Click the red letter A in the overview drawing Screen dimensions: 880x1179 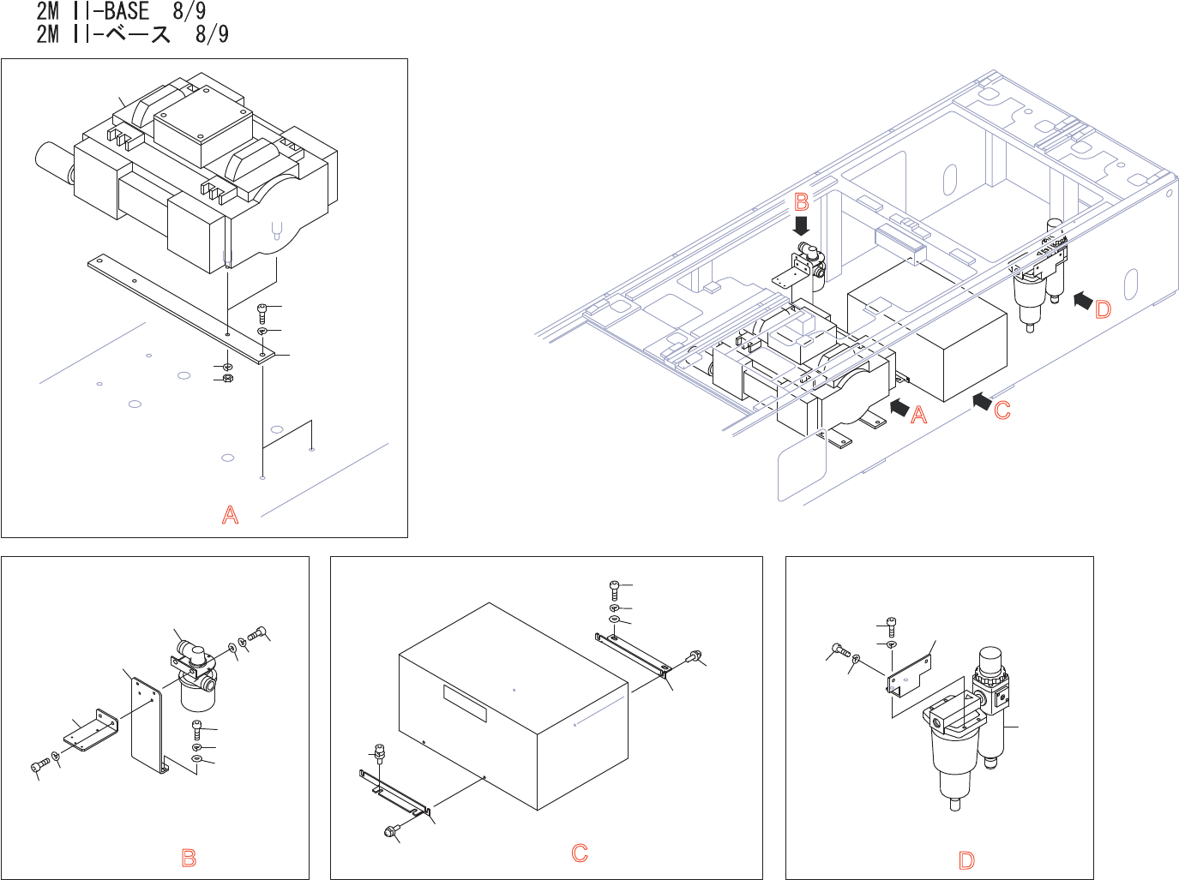pyautogui.click(x=918, y=415)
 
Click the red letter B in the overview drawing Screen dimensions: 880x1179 pyautogui.click(x=802, y=202)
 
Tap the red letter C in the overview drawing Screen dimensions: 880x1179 pyautogui.click(x=1002, y=411)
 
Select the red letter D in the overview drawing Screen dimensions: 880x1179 pyautogui.click(x=1103, y=310)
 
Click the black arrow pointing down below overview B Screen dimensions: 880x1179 pyautogui.click(x=802, y=225)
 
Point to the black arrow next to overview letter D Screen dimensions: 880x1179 pyautogui.click(x=1082, y=300)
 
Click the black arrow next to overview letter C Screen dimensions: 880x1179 pyautogui.click(x=982, y=399)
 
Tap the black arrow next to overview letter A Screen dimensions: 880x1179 pyautogui.click(x=899, y=407)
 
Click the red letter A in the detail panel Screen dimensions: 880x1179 pyautogui.click(x=230, y=515)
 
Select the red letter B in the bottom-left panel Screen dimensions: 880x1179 pyautogui.click(x=189, y=858)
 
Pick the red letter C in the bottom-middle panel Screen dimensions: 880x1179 pyautogui.click(x=580, y=853)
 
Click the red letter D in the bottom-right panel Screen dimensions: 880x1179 pyautogui.click(x=966, y=861)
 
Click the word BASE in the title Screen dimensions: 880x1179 pyautogui.click(x=126, y=12)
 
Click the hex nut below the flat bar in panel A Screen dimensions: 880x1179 pyautogui.click(x=227, y=378)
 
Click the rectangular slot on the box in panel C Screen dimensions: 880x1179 pyautogui.click(x=465, y=703)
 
